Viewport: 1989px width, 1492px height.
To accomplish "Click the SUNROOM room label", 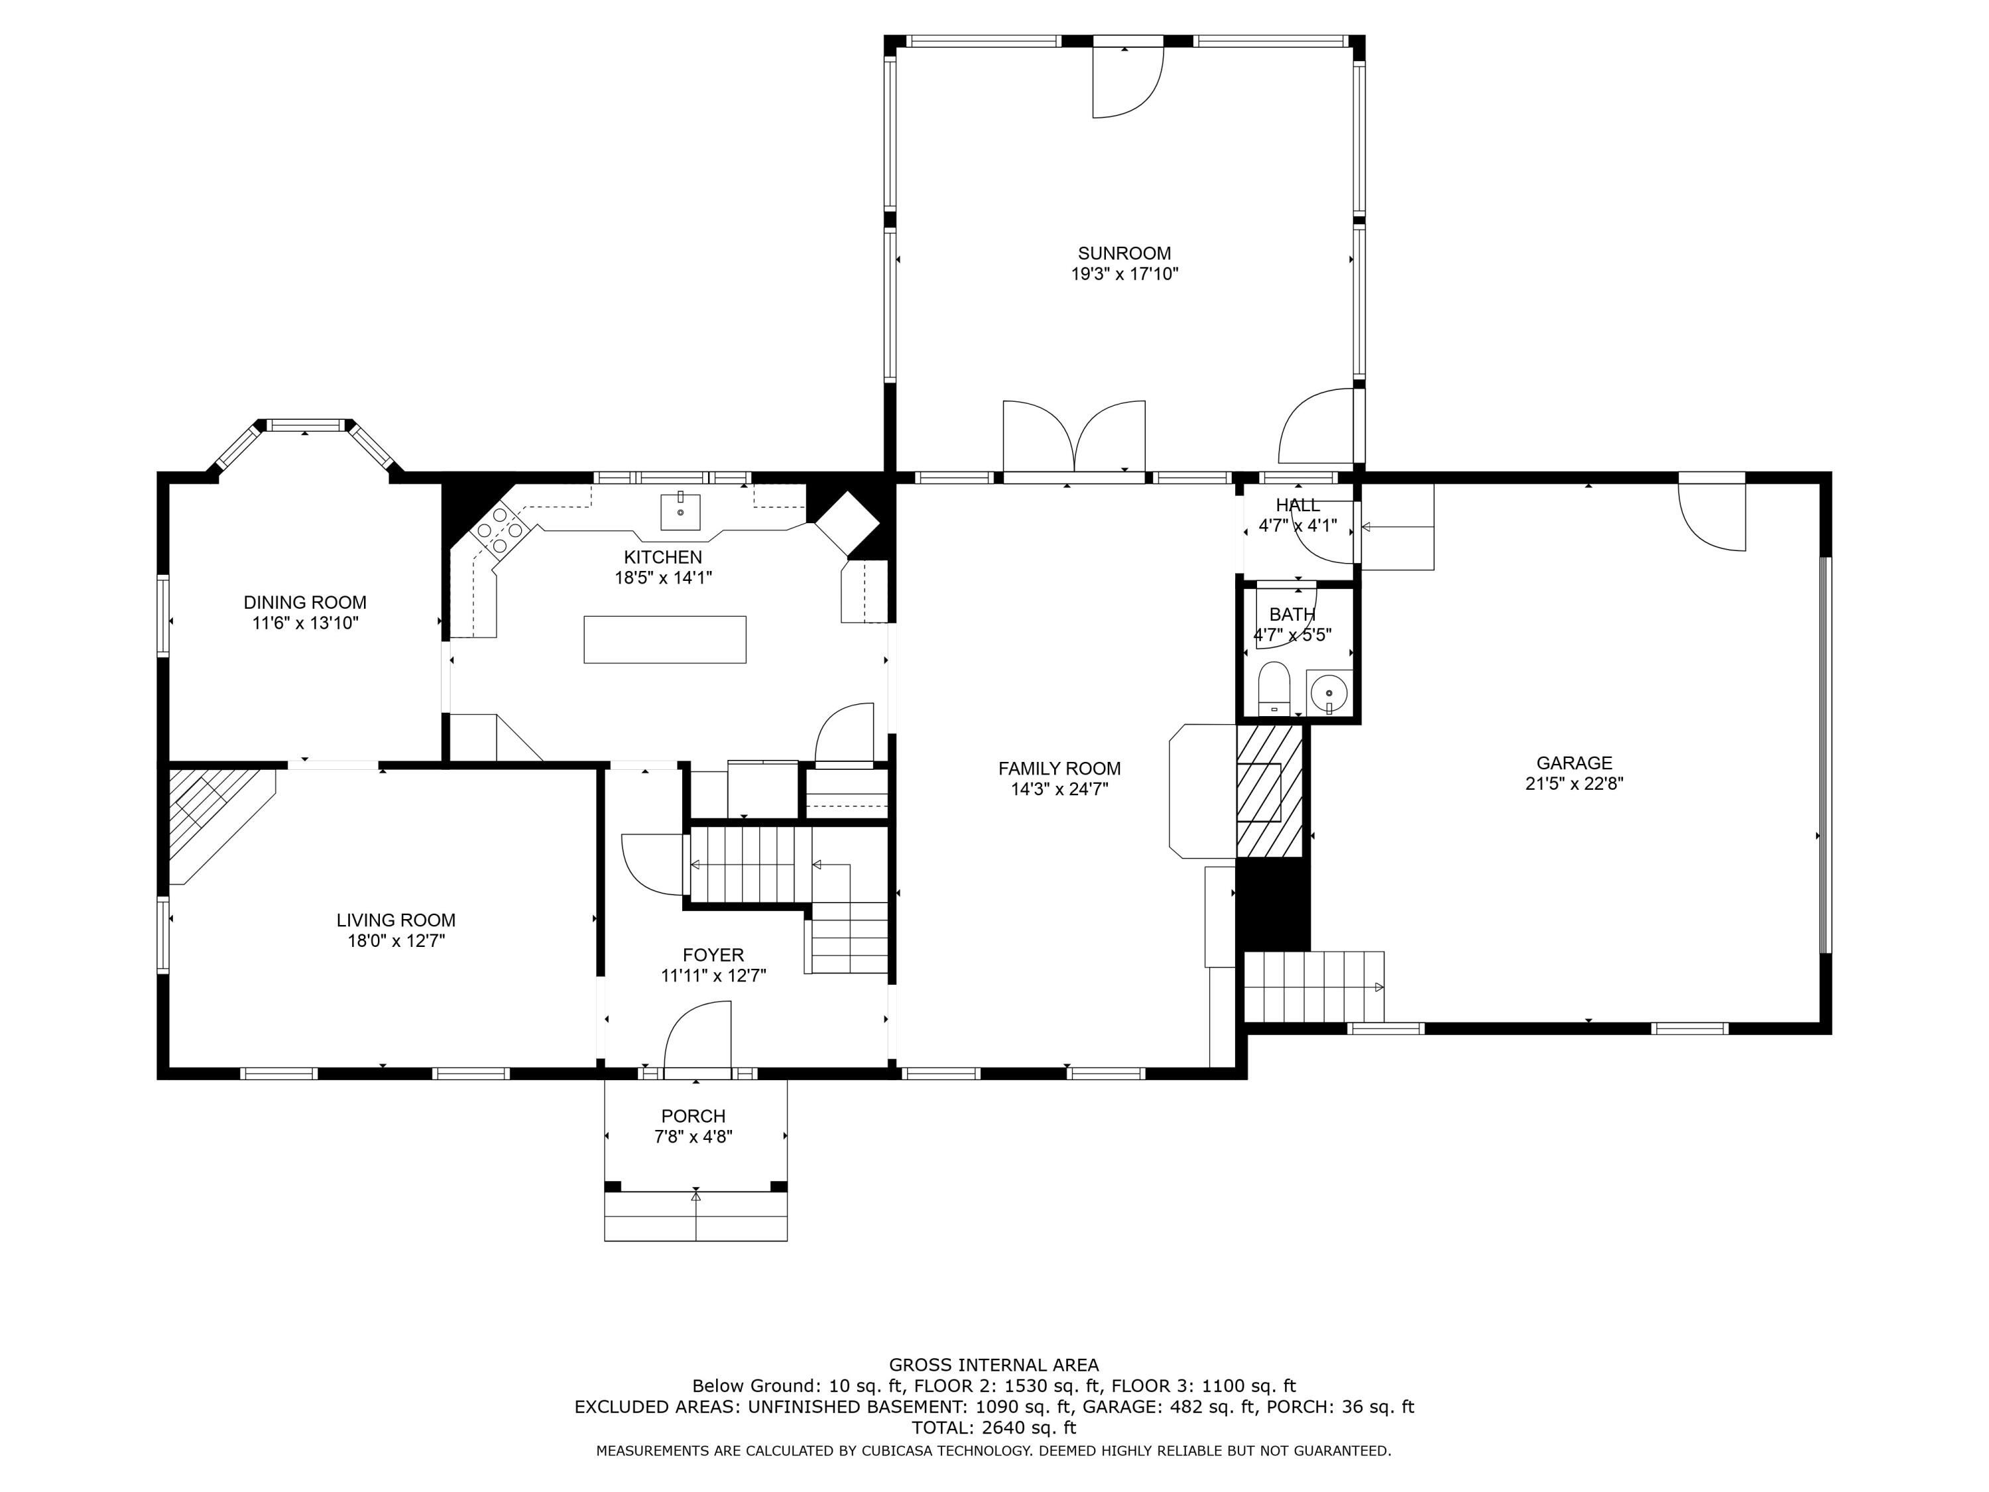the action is pyautogui.click(x=1124, y=253).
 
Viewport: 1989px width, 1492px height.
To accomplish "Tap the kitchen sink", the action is pyautogui.click(x=681, y=511).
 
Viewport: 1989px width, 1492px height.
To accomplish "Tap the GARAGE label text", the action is pyautogui.click(x=1573, y=763).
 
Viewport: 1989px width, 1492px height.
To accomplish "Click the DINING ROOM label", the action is pyautogui.click(x=305, y=603).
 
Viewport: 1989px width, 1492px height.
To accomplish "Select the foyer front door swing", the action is pyautogui.click(x=697, y=1034).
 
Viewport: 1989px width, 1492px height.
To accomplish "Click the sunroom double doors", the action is pyautogui.click(x=1073, y=436).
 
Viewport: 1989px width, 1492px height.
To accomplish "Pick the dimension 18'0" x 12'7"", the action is pyautogui.click(x=396, y=941).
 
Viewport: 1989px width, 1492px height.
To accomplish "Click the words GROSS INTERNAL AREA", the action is pyautogui.click(x=994, y=1365).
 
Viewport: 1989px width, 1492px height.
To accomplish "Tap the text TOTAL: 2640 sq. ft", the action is pyautogui.click(x=994, y=1427).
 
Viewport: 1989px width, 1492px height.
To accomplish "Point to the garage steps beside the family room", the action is pyautogui.click(x=1313, y=987).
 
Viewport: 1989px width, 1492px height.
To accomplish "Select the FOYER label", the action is pyautogui.click(x=713, y=955).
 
